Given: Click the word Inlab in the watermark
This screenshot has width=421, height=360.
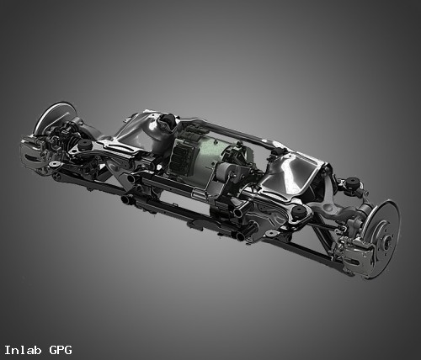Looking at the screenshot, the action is pos(23,350).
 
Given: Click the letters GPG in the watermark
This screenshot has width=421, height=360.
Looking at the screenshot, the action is pos(61,350).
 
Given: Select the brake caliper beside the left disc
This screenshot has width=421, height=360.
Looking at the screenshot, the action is pos(31,155).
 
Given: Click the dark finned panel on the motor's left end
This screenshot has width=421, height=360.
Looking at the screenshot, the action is pos(180,158).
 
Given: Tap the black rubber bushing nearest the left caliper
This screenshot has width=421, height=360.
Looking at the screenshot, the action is pos(84,145).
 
